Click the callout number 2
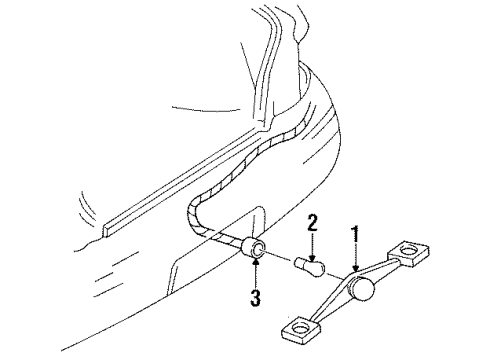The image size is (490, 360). (312, 248)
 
